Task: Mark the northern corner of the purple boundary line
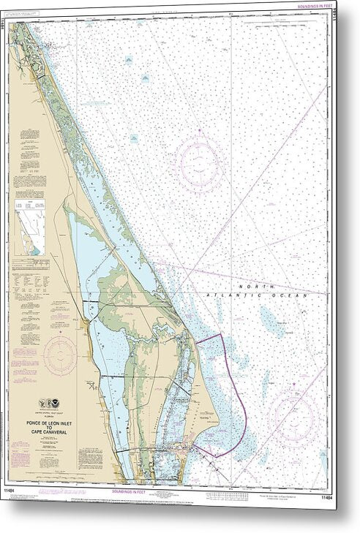coord(222,334)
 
